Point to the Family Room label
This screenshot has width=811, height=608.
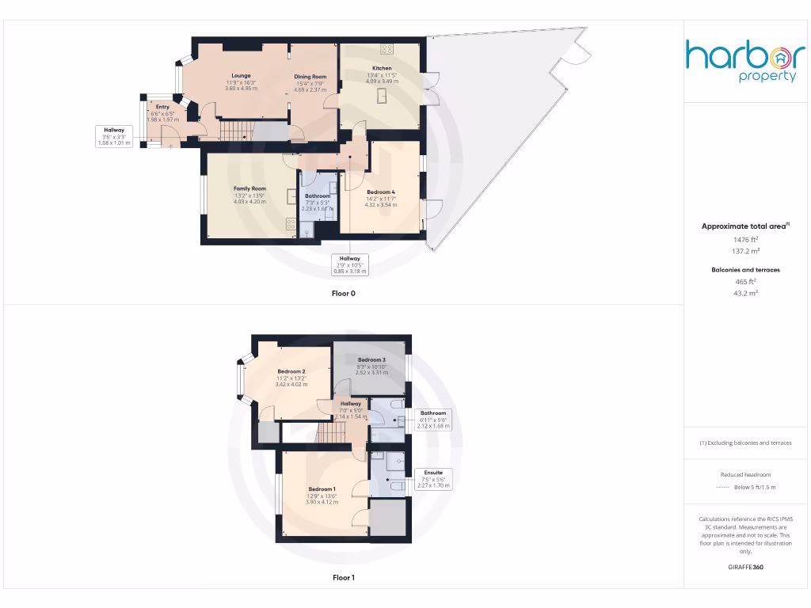(249, 188)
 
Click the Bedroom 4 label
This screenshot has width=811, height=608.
(380, 192)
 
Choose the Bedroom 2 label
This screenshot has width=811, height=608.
(291, 371)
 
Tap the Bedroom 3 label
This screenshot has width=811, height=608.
(371, 360)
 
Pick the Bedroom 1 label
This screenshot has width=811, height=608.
(322, 488)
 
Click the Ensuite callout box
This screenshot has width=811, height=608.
(433, 478)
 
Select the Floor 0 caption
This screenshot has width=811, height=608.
(344, 293)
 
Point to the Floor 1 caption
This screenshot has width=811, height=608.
(344, 578)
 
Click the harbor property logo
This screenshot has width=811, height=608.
(745, 61)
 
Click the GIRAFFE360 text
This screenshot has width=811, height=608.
(744, 567)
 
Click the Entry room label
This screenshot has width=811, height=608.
(162, 107)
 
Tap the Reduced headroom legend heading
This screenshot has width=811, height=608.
(744, 475)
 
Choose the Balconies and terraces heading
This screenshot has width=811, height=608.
(744, 270)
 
